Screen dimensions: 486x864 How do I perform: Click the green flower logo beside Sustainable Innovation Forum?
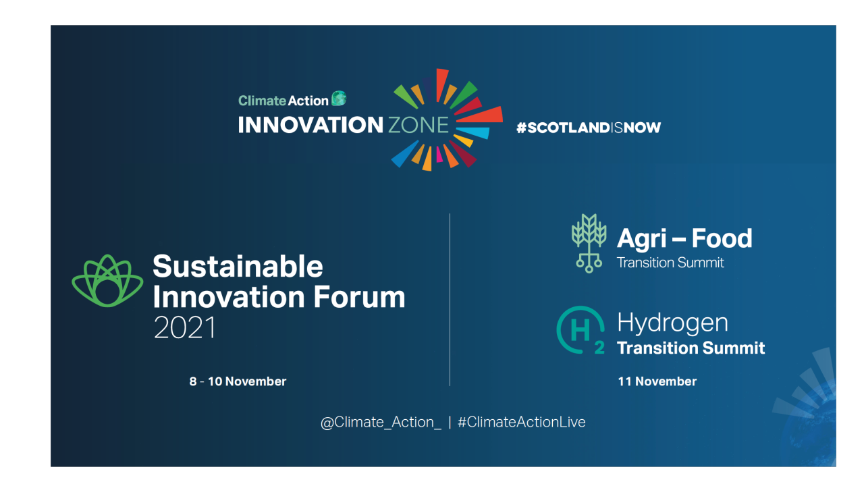click(107, 281)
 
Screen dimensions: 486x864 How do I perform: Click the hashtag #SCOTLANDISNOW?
click(589, 127)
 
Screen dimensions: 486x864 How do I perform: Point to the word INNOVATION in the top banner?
click(310, 125)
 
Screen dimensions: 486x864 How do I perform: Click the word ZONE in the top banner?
click(418, 125)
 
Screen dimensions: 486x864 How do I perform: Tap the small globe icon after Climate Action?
click(339, 99)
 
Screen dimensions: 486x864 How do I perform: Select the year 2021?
click(185, 328)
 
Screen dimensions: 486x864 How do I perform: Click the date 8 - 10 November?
click(238, 381)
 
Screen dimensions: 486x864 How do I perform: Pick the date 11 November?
click(657, 381)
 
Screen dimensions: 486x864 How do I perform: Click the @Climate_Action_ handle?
click(381, 423)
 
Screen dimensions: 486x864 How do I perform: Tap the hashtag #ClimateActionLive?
click(522, 423)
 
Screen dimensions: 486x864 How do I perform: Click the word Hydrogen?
click(672, 323)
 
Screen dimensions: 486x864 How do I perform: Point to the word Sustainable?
click(238, 266)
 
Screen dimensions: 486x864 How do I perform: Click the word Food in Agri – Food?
click(721, 238)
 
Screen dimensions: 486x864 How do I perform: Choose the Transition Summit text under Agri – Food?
click(670, 263)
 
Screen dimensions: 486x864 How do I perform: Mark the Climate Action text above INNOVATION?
click(283, 101)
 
